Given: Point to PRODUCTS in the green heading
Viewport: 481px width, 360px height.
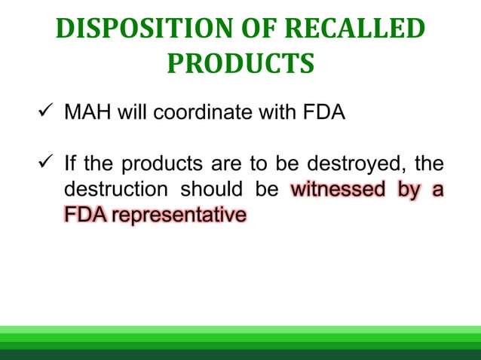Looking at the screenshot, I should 240,64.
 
